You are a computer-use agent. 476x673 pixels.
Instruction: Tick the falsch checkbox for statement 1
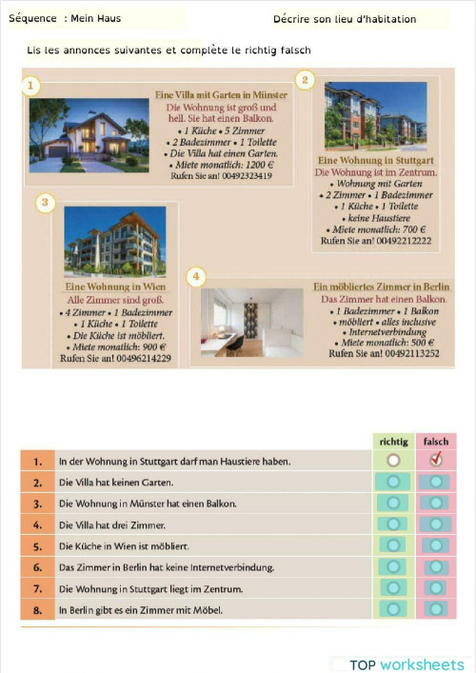point(436,461)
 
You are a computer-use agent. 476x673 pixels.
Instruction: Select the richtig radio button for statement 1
point(392,461)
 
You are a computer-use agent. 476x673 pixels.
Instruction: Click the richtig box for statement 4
point(392,525)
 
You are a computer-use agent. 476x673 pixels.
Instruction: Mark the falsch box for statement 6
point(436,567)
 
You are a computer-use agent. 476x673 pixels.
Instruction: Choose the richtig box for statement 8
point(392,609)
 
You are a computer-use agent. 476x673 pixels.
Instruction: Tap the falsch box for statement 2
point(436,482)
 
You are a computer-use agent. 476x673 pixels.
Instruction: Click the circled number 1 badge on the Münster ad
point(31,87)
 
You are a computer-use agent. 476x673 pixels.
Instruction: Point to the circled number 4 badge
point(196,277)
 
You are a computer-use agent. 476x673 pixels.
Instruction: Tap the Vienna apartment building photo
point(114,243)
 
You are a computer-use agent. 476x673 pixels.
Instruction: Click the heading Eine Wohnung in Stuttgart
point(376,161)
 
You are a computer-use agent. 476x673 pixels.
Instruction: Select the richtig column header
point(392,442)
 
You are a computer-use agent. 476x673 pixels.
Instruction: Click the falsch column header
point(436,442)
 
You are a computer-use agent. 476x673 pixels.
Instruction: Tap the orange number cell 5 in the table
point(37,546)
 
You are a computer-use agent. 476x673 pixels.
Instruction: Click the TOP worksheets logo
point(407,663)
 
